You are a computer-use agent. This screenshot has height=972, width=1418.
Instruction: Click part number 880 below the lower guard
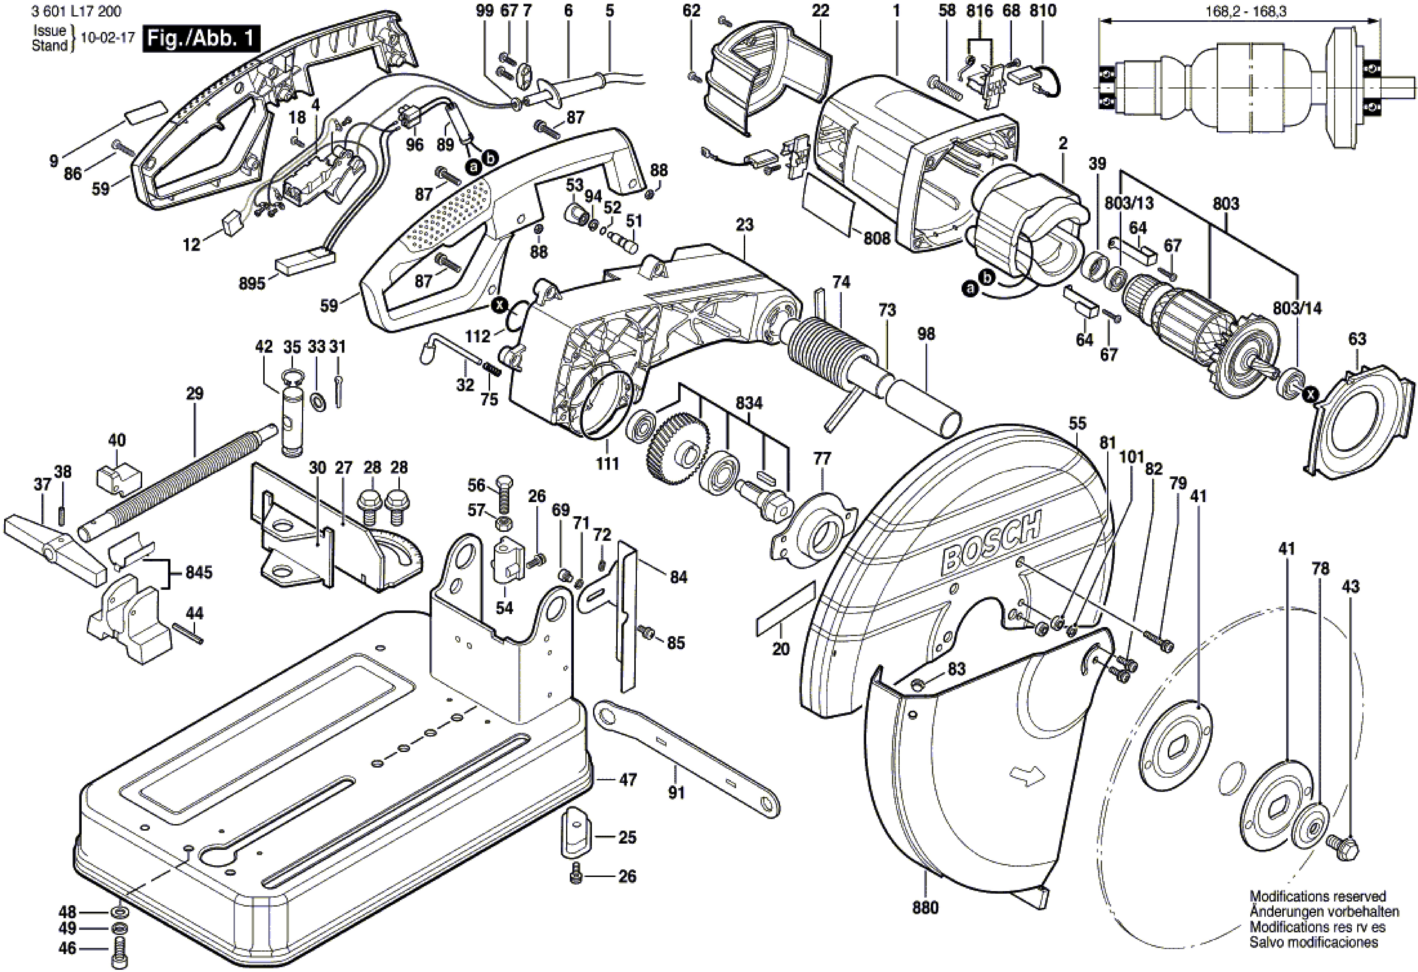coord(925,925)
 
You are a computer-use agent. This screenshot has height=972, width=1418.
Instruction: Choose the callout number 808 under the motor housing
coord(877,239)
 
